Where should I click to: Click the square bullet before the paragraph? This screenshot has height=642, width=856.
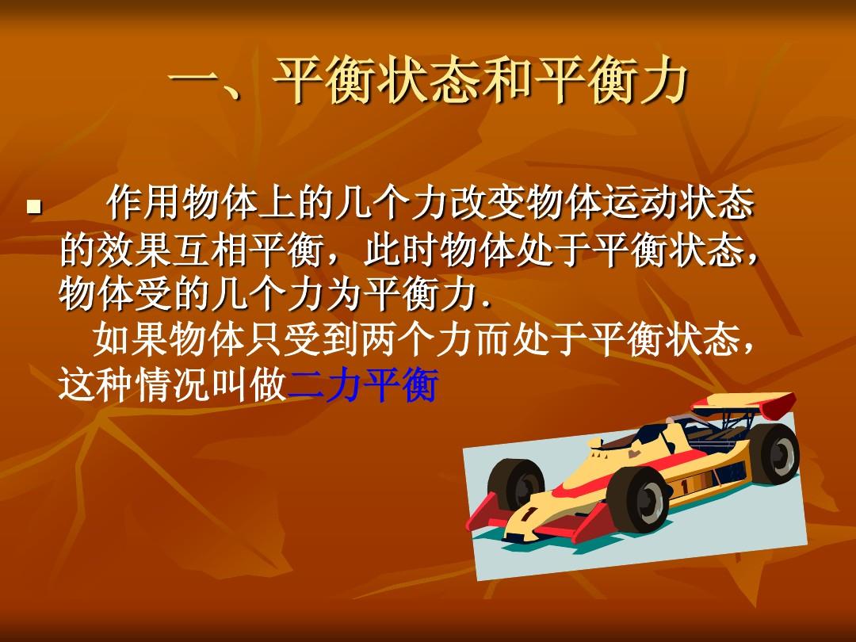[34, 207]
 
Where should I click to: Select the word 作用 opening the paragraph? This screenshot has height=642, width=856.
[145, 203]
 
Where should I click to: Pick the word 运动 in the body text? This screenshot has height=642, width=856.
[639, 203]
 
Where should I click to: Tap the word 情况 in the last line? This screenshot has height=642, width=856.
[173, 385]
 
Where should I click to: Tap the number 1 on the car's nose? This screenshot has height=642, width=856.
[529, 514]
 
